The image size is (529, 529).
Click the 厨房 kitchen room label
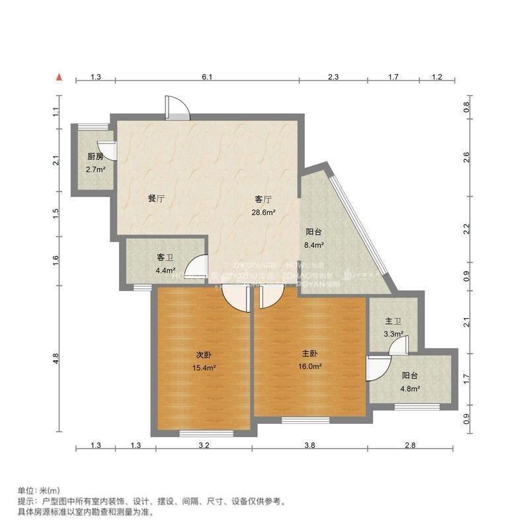pos(95,157)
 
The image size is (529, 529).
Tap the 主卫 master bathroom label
pos(393,322)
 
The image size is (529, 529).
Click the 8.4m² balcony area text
pos(314,245)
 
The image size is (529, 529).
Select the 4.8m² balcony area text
pos(411,389)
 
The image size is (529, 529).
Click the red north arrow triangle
pos(60,77)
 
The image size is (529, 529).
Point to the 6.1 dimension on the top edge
pos(207,77)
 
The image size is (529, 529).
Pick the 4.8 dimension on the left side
pos(56,358)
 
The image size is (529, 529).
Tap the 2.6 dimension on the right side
pos(467,157)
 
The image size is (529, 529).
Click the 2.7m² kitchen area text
pos(95,170)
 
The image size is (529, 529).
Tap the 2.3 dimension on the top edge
pos(333,77)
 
